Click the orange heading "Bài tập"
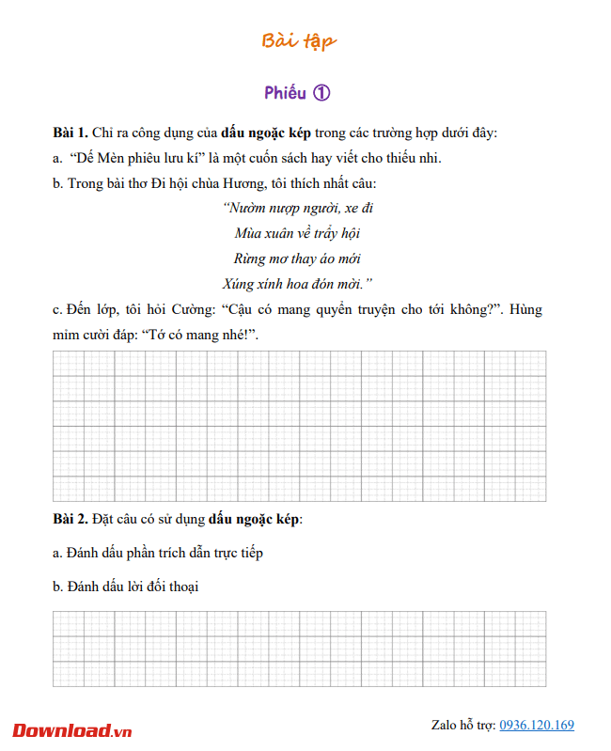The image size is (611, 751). pos(298,40)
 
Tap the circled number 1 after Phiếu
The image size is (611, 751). pos(321,92)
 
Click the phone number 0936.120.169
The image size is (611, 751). pos(537,725)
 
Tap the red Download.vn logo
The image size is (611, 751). pos(72,730)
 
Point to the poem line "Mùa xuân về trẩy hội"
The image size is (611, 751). pos(297,232)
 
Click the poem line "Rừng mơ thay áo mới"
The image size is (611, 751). pos(297,258)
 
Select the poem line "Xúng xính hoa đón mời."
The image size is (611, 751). pos(298,283)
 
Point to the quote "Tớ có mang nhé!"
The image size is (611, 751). pos(197,335)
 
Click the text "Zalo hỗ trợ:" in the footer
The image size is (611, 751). pos(463,725)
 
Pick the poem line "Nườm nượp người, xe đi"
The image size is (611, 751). pos(298,207)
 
